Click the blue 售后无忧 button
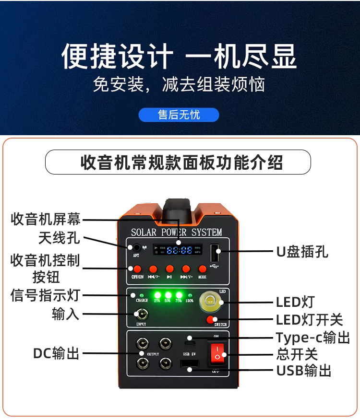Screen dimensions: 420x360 (x=179, y=115)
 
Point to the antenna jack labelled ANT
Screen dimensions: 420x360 (x=136, y=248)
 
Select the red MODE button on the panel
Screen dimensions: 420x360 (x=202, y=269)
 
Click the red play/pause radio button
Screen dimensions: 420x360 (x=169, y=269)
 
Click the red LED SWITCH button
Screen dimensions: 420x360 (x=210, y=320)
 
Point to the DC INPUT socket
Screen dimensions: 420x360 (x=141, y=315)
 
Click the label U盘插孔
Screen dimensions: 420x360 (x=302, y=251)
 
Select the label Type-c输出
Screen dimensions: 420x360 (x=312, y=337)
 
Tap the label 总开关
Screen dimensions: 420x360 (x=297, y=354)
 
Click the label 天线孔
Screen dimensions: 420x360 (x=60, y=238)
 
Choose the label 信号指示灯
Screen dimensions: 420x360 (x=45, y=295)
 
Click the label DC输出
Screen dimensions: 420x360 (x=56, y=354)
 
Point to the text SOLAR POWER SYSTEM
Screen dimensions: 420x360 (x=177, y=233)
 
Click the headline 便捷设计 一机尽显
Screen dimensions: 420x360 (x=179, y=57)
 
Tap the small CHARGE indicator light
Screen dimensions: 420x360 (x=142, y=295)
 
